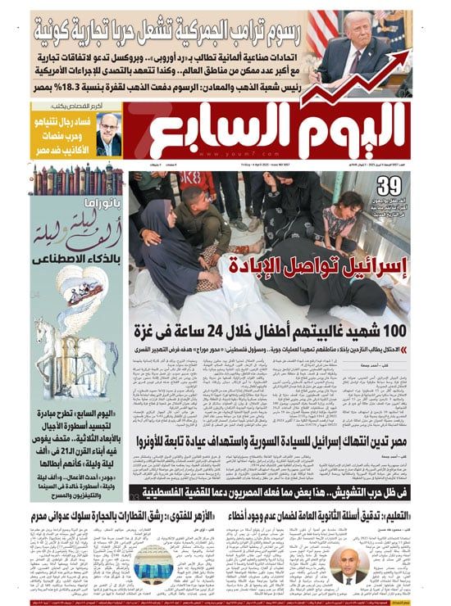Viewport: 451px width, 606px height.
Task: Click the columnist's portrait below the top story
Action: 108,131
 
